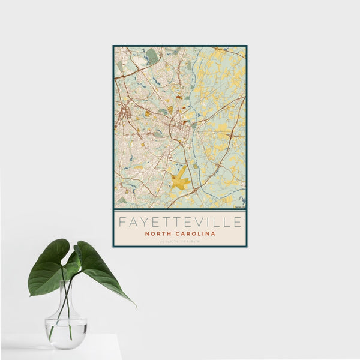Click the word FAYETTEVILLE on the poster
pos(180,222)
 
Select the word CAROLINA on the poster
pos(196,233)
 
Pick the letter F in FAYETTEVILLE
pos(122,222)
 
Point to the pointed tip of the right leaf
pos(134,305)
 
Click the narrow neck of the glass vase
pos(66,294)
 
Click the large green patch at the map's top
pos(151,56)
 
